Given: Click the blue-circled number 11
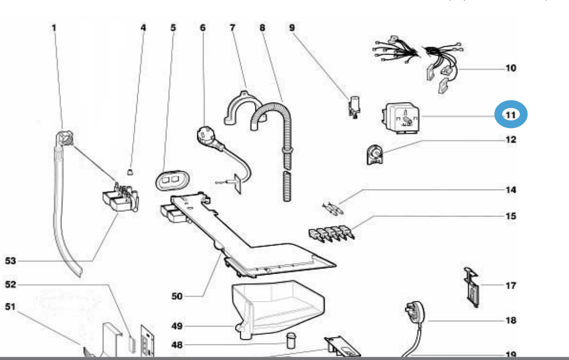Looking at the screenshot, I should click(x=511, y=114).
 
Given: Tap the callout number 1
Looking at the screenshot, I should click(x=54, y=27).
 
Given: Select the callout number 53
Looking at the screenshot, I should click(x=11, y=261).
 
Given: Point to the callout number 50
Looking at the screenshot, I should click(x=177, y=297).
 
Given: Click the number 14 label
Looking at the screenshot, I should click(x=511, y=190).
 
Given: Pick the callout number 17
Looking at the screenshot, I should click(x=510, y=285).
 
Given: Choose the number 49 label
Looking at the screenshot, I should click(x=177, y=326).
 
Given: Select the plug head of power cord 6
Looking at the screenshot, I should click(x=203, y=136).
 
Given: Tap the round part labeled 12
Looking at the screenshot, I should click(x=373, y=154).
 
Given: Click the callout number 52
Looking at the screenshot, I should click(x=11, y=284).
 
